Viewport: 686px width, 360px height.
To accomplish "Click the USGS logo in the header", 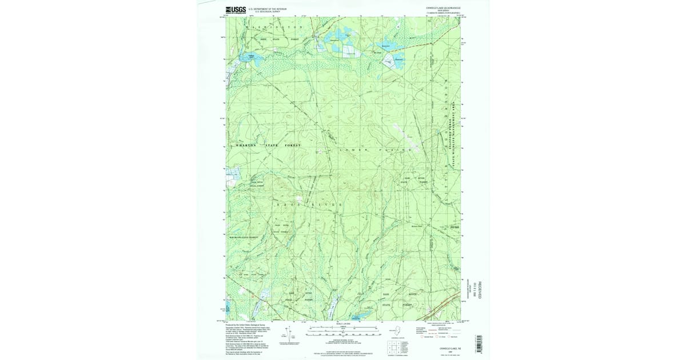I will (x=235, y=10).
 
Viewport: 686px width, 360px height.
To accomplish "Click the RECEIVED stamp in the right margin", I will (x=480, y=290).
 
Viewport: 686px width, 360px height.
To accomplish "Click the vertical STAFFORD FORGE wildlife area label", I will (x=471, y=135).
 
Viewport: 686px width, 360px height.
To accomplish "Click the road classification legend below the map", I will (x=440, y=330).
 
